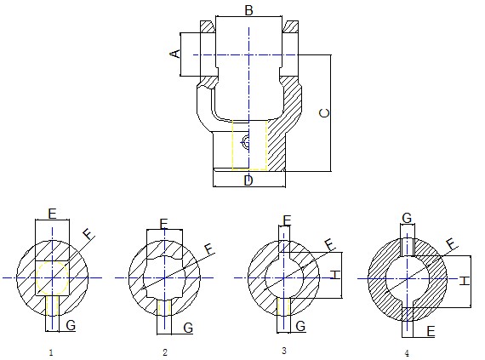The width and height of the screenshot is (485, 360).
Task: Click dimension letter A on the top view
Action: (x=175, y=54)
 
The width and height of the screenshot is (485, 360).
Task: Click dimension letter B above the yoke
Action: (x=248, y=10)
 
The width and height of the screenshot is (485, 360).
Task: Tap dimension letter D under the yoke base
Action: (x=248, y=180)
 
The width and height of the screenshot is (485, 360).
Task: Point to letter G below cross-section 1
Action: (x=71, y=325)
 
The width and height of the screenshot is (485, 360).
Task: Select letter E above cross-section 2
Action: (x=164, y=224)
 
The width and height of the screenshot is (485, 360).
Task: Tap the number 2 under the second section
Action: (x=164, y=351)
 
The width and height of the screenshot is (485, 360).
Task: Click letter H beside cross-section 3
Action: (x=335, y=274)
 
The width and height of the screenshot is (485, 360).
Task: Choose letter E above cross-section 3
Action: (x=287, y=221)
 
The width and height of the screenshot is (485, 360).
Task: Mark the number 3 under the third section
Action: (x=283, y=350)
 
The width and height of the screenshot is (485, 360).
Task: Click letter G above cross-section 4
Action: (x=407, y=219)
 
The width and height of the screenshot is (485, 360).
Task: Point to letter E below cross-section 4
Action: (x=431, y=332)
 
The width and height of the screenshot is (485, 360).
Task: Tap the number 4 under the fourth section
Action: (x=407, y=352)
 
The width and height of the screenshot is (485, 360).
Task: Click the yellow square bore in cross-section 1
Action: (x=51, y=277)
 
